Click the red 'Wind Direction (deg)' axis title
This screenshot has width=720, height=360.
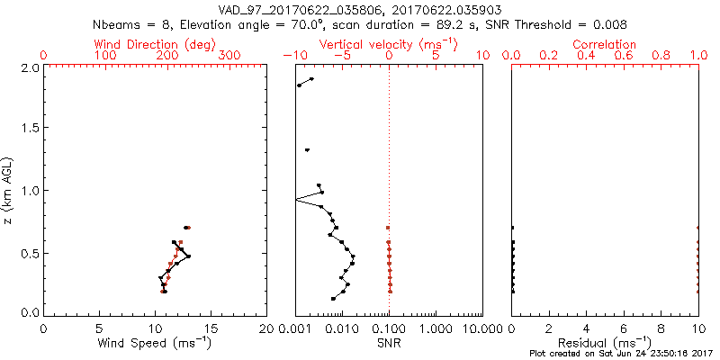pyautogui.click(x=155, y=44)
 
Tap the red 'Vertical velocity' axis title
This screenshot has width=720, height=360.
pyautogui.click(x=388, y=44)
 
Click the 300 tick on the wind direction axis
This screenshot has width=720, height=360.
pyautogui.click(x=229, y=56)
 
